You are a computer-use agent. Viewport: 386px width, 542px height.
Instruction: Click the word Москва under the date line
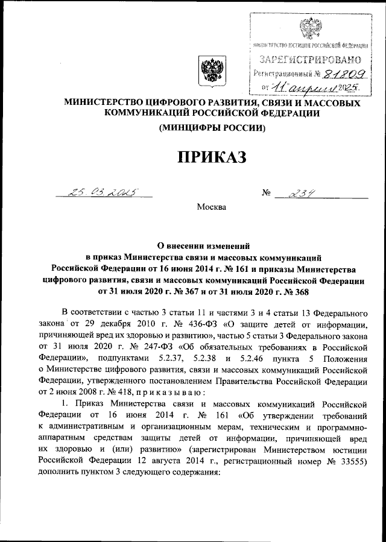(x=211, y=208)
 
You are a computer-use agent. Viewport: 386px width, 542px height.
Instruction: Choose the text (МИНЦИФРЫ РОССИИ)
(x=211, y=128)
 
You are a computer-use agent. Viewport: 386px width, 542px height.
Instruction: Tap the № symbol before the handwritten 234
(x=267, y=194)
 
